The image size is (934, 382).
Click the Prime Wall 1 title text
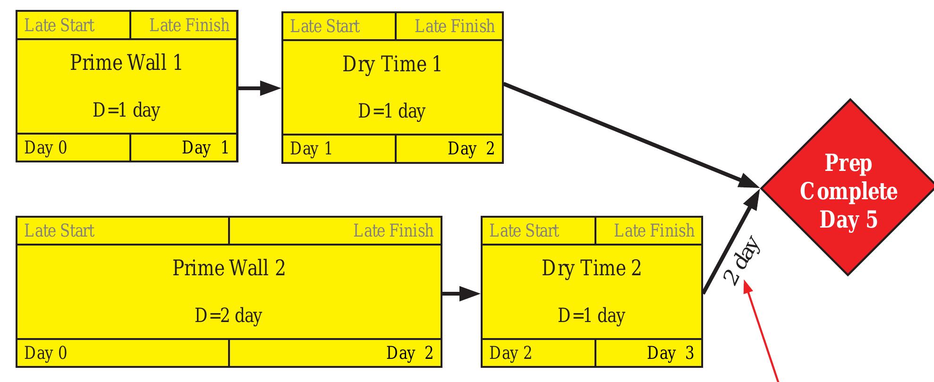126,63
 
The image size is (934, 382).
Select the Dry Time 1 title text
392,64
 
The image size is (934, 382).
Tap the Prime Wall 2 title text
229,268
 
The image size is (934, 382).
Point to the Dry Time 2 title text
591,268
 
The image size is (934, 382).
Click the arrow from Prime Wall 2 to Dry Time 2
460,294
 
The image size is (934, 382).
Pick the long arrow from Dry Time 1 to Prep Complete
628,134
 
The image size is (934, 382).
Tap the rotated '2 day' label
742,261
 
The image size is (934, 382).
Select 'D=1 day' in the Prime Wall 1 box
127,110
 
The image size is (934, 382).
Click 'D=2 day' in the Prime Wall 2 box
229,315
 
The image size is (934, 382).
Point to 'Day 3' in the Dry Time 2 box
670,353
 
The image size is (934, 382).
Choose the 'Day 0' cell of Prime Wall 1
46,148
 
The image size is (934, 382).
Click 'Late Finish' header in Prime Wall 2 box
393,231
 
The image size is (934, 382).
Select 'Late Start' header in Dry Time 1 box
325,26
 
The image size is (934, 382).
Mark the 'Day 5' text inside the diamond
849,220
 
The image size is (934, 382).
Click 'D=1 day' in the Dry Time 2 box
591,315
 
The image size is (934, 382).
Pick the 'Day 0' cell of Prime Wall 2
46,353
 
